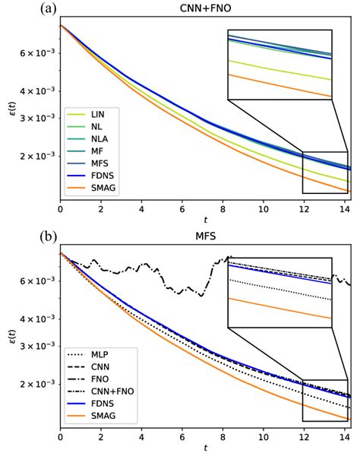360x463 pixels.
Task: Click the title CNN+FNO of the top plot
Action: pos(205,8)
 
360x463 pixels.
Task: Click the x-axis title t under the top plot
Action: pos(205,220)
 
